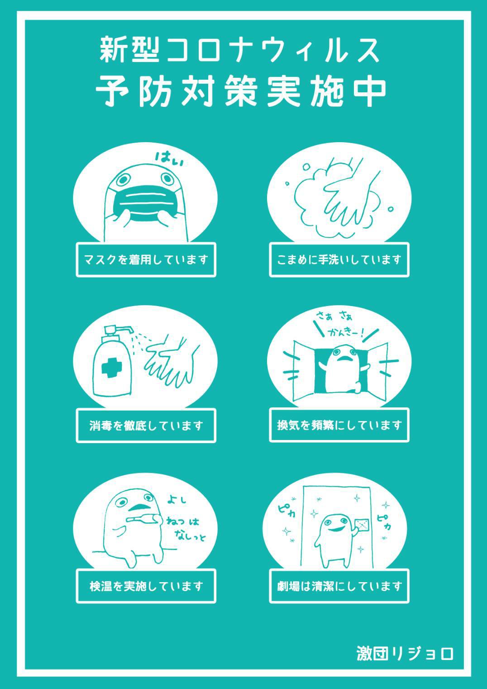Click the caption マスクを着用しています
click(x=146, y=259)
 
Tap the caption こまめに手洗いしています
click(x=339, y=259)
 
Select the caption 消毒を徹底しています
click(x=146, y=426)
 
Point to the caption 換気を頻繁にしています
click(x=339, y=426)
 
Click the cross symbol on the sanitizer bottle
click(x=112, y=367)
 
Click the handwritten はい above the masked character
click(x=169, y=159)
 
